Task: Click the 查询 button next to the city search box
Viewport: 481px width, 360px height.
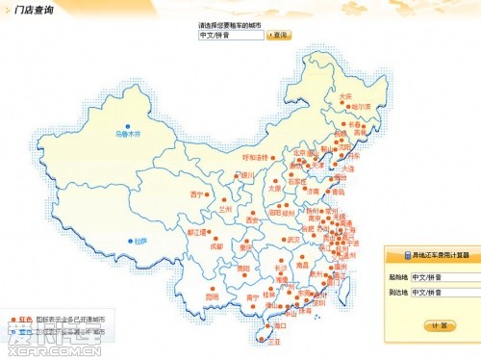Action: click(x=279, y=35)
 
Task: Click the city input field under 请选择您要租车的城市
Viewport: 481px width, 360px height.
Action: click(x=231, y=35)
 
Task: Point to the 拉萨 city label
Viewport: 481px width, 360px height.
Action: click(x=140, y=240)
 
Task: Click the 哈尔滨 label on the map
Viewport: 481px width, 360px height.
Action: click(x=360, y=106)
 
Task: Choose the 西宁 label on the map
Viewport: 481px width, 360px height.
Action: click(x=197, y=194)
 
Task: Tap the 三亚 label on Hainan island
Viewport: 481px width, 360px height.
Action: click(x=274, y=341)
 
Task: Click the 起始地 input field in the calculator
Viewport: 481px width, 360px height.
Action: click(x=443, y=276)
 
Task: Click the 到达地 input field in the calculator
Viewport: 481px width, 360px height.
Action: click(x=443, y=291)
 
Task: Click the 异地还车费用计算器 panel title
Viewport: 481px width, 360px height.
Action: click(x=435, y=256)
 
